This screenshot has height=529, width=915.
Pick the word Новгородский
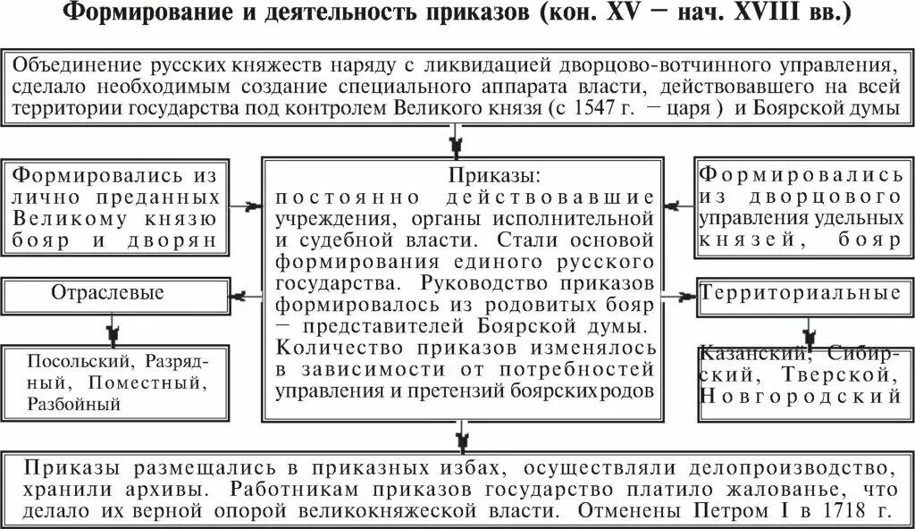(x=800, y=394)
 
